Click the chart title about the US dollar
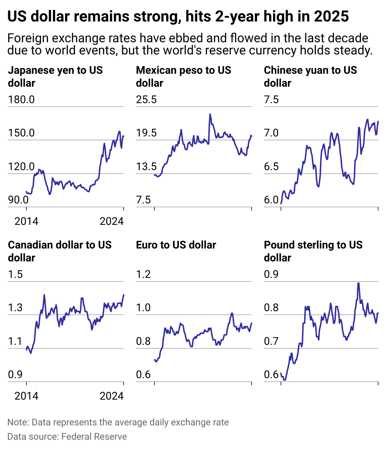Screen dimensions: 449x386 coord(178,16)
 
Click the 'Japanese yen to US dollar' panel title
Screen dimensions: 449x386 coord(55,77)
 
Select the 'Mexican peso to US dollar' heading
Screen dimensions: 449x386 coord(183,77)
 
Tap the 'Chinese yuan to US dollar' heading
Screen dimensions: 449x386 coord(310,77)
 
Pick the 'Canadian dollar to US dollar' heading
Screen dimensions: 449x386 coord(60,251)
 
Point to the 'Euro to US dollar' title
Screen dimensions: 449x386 coord(176,245)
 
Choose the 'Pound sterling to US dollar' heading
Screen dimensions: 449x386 coord(313,251)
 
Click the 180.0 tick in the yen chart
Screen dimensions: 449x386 coord(21,100)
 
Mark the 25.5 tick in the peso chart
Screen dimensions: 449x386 coord(146,100)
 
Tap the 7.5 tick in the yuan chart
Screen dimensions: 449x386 coord(271,100)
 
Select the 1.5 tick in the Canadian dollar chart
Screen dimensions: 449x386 coord(15,274)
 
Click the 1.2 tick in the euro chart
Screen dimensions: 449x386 coord(143,274)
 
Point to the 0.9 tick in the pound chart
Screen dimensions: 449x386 coord(271,274)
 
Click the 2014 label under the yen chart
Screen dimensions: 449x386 coord(26,221)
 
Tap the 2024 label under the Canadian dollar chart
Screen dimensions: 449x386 coord(112,396)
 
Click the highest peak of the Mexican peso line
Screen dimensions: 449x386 coord(210,114)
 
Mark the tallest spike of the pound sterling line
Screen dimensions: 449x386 coord(358,283)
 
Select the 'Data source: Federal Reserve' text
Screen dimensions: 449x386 coord(67,437)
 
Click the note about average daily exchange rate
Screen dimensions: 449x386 coord(118,423)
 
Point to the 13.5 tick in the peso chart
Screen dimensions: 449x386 coord(146,166)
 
